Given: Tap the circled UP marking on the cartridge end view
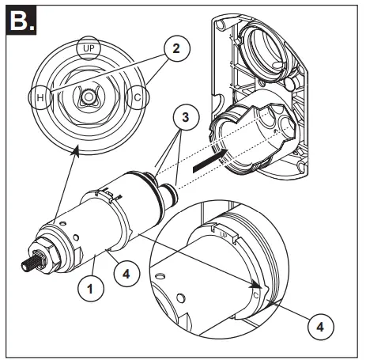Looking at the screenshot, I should pos(88,49).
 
